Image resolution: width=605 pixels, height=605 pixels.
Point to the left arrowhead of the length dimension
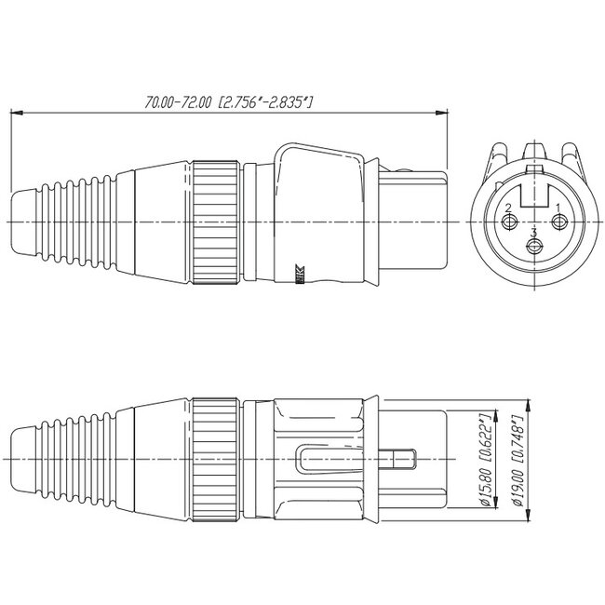(13, 114)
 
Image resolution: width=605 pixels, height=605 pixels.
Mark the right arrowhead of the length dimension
(442, 114)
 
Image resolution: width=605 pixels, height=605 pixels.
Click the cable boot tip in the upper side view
(23, 223)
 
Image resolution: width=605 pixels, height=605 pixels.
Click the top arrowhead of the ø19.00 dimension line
(528, 405)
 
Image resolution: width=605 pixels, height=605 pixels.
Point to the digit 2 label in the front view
(508, 208)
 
